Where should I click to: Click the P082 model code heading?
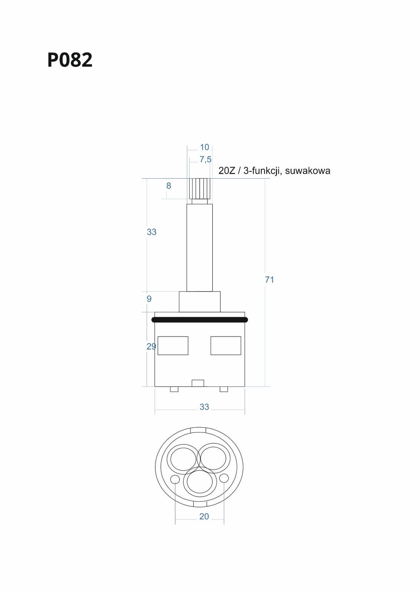[x=70, y=60]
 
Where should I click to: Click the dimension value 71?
[x=269, y=279]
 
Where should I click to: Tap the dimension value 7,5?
[x=206, y=159]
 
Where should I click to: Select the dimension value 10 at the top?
[x=204, y=147]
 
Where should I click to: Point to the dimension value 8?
[x=168, y=186]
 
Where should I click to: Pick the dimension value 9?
[x=149, y=299]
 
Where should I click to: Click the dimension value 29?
[x=151, y=347]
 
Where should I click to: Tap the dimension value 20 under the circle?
[x=204, y=517]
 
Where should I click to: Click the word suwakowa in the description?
[x=308, y=171]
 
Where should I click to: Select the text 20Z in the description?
[x=227, y=171]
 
